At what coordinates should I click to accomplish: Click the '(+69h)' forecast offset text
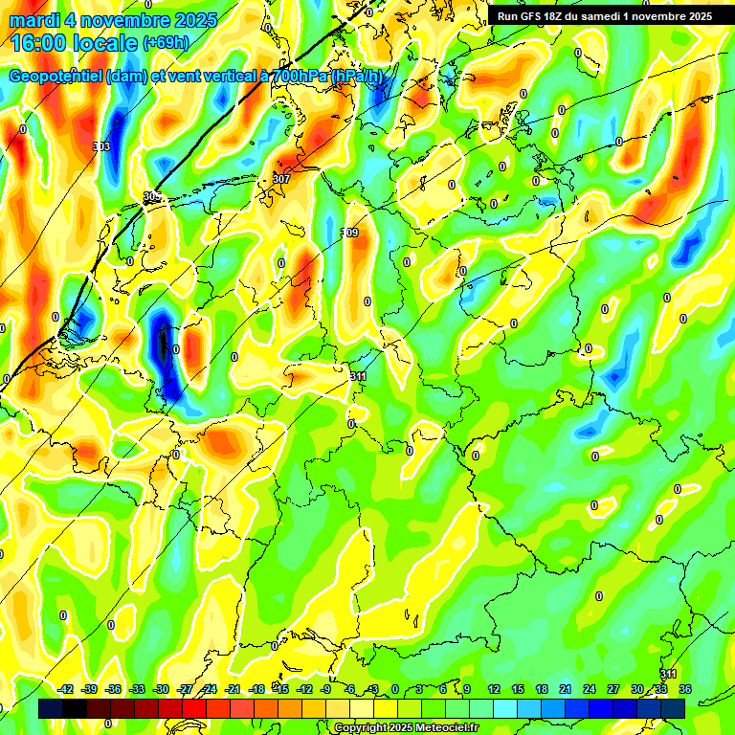coord(166,43)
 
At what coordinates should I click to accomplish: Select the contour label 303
coord(102,146)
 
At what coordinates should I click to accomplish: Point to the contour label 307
coord(281,179)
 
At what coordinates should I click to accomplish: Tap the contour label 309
coord(349,234)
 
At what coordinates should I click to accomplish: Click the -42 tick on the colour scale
coord(66,689)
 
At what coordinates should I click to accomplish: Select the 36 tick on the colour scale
coord(685,689)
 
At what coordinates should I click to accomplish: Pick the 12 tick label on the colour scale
coord(494,689)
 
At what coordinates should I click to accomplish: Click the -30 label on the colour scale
coord(161,689)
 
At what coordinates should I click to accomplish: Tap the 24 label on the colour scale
coord(590,689)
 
